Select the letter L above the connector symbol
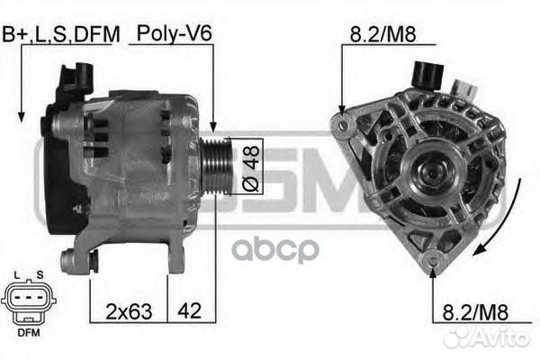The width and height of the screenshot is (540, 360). (x=20, y=273)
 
